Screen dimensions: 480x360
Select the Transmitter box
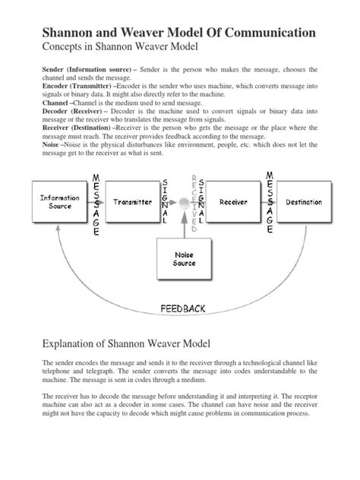134,203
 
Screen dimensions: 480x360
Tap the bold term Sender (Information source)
77,69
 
